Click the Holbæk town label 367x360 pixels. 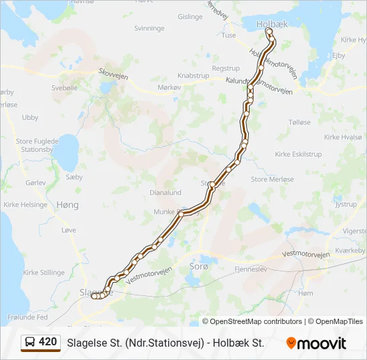[272, 23]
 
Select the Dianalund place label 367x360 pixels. [165, 193]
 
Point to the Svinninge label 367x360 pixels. [149, 28]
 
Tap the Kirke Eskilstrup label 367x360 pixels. [298, 154]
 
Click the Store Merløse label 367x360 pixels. [272, 179]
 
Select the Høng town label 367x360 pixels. [67, 205]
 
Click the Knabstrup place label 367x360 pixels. [194, 76]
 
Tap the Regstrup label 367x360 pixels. [225, 68]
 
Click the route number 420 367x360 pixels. [47, 342]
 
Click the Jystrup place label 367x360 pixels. [346, 205]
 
